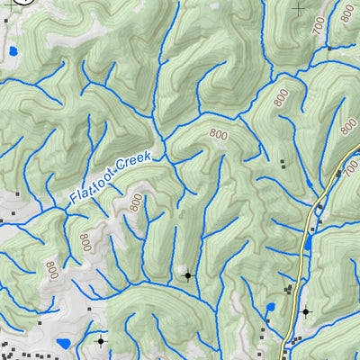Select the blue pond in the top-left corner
13,51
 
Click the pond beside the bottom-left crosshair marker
63,344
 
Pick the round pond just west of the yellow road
269,310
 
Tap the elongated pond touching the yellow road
309,240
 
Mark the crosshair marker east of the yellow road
305,311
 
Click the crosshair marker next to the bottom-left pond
100,341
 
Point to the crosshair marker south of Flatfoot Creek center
187,275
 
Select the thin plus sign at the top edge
300,7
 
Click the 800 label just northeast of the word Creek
218,134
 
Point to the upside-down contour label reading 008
85,242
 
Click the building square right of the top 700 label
330,47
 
